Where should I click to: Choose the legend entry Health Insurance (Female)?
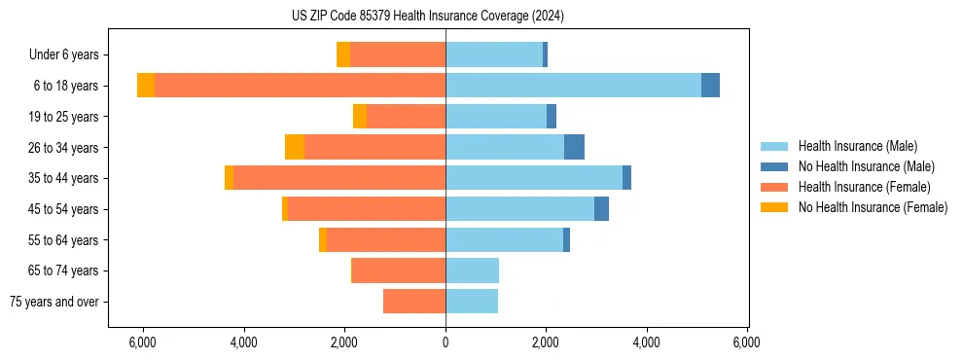point(858,187)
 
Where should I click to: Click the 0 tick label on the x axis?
point(446,342)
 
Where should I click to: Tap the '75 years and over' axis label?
point(54,302)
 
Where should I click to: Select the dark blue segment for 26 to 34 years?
point(574,147)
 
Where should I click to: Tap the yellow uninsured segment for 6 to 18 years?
point(146,86)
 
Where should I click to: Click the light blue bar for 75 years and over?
point(472,302)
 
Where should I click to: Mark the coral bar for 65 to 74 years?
point(399,270)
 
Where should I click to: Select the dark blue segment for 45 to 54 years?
point(601,209)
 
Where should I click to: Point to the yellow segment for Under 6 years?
point(343,55)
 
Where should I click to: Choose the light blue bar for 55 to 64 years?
point(504,240)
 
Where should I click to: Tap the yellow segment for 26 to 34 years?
point(295,147)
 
